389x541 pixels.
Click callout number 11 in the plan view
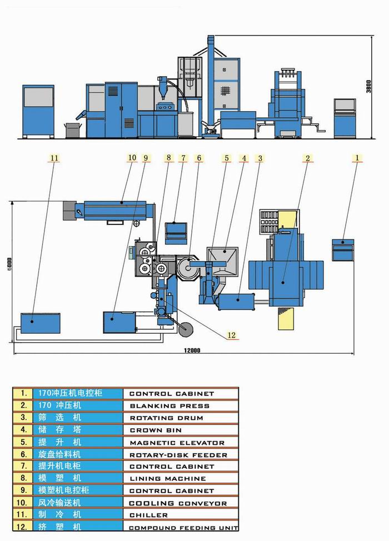tap(54, 158)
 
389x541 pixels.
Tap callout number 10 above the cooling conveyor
tap(132, 158)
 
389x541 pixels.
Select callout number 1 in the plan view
tap(357, 158)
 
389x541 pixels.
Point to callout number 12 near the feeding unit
tap(232, 335)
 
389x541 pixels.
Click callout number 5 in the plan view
tap(226, 158)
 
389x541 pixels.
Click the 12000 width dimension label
tap(191, 350)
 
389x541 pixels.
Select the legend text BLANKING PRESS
tap(169, 406)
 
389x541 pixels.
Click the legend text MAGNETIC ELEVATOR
tap(177, 443)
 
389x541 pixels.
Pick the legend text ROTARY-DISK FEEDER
tap(178, 455)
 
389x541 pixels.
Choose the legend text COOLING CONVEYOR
tap(178, 503)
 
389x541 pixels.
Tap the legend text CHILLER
tap(148, 515)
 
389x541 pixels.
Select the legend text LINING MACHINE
tap(167, 479)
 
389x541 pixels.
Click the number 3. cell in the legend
tap(23, 418)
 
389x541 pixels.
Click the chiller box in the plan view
tap(41, 322)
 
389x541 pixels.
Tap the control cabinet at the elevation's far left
tap(38, 111)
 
